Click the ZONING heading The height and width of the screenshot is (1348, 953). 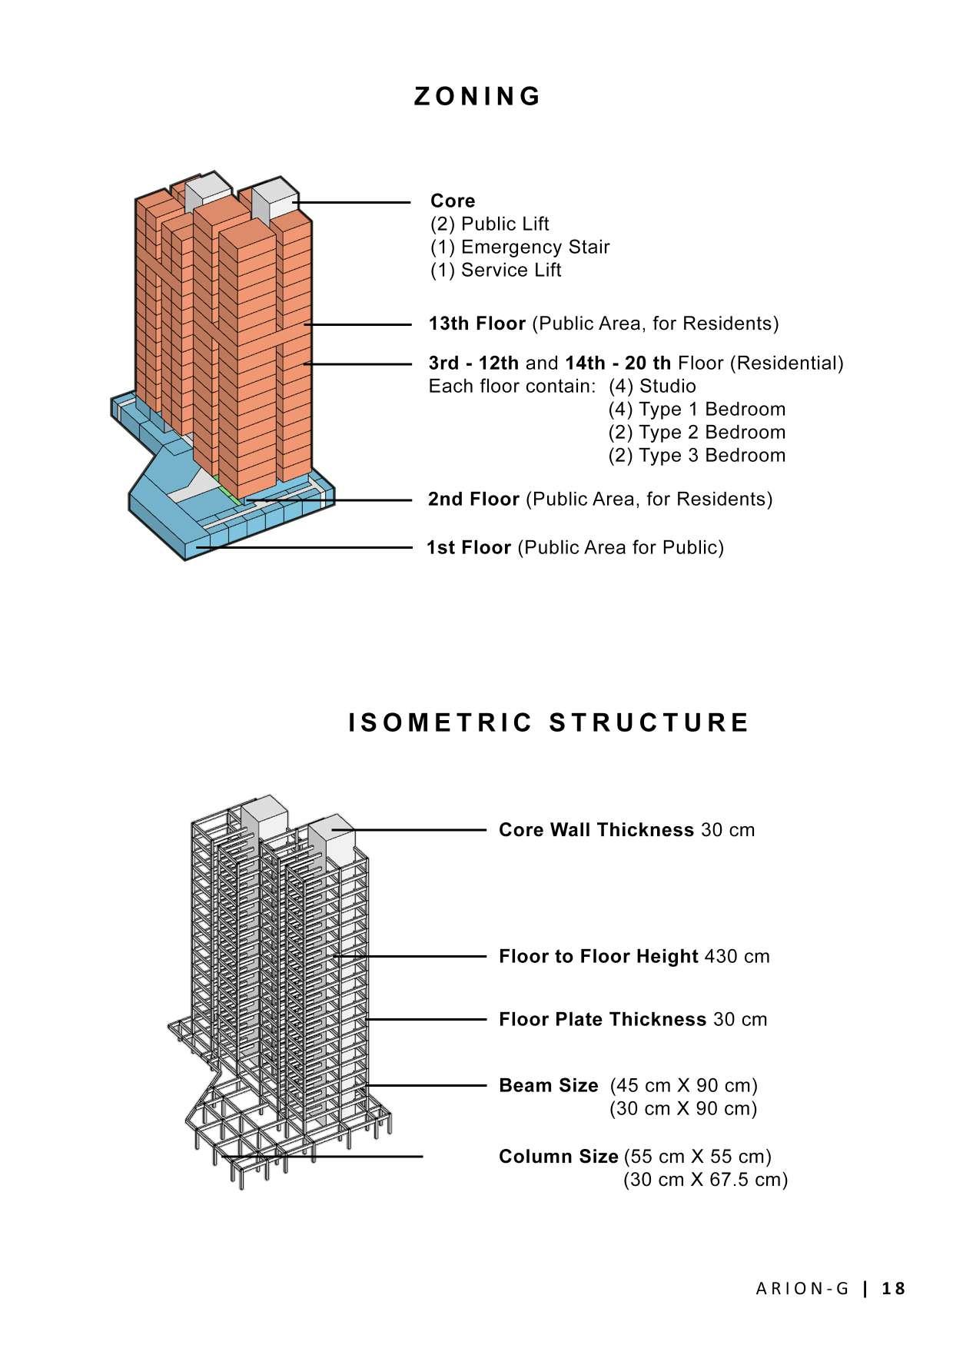point(477,97)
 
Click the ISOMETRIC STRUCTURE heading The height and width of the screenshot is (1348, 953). point(549,723)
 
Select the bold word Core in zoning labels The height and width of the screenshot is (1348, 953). point(453,201)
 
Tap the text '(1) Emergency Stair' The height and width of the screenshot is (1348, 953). point(520,247)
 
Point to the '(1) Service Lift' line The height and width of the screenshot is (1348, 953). point(496,271)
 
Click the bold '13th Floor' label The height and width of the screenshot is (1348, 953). point(476,324)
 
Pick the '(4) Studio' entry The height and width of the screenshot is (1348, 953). point(652,387)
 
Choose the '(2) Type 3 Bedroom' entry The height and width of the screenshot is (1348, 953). point(696,456)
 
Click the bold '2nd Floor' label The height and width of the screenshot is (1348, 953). point(473,500)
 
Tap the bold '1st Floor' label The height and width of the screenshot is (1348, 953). point(469,548)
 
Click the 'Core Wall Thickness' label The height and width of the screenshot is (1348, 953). point(596,831)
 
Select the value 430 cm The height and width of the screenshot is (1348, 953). point(736,957)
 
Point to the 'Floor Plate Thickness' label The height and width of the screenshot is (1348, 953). point(603,1020)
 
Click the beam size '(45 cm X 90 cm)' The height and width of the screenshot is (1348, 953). point(683,1086)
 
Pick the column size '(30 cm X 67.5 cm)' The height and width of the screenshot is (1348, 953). point(705,1180)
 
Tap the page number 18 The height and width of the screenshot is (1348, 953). point(894,1289)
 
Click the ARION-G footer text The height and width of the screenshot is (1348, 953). point(802,1289)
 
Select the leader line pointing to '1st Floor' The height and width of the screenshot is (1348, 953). point(307,548)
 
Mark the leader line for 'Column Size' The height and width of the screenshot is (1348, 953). point(323,1157)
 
